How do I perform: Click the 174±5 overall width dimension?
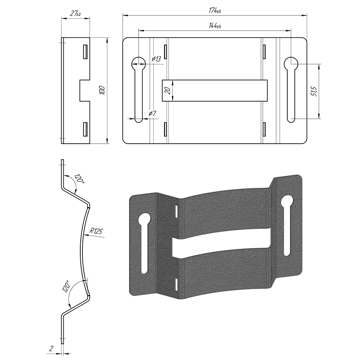coord(215,10)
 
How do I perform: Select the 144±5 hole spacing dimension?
coord(215,26)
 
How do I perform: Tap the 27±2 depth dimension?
coord(75,14)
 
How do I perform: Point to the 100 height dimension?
coord(102,90)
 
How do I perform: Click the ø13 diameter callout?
coord(156,59)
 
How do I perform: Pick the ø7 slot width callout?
coord(152,113)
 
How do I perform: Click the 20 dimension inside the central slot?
coord(168,90)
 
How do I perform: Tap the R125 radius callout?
coord(96,231)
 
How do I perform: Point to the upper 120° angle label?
coord(79,179)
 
